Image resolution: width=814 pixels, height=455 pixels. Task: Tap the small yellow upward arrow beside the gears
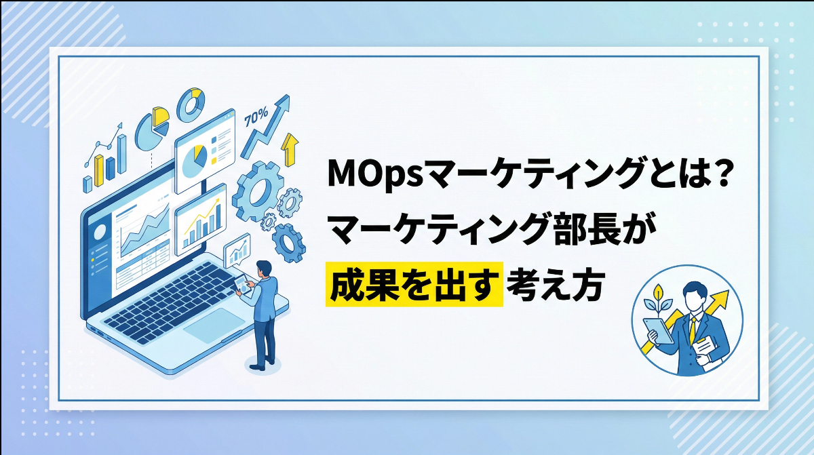[x=290, y=149]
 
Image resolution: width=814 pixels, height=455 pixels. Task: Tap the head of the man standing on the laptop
[x=264, y=267]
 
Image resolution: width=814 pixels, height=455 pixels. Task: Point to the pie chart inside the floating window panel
[x=196, y=158]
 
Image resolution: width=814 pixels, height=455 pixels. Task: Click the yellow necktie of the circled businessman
[x=693, y=328]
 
